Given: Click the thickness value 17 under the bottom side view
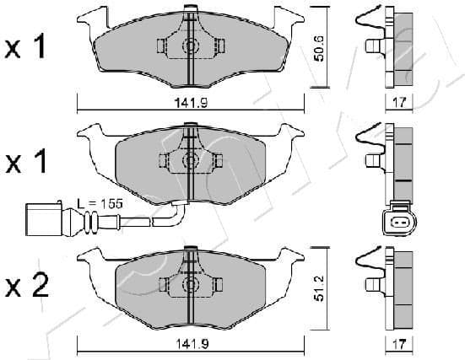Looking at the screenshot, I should tap(400, 345).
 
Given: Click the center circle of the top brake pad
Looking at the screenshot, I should tap(191, 46).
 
